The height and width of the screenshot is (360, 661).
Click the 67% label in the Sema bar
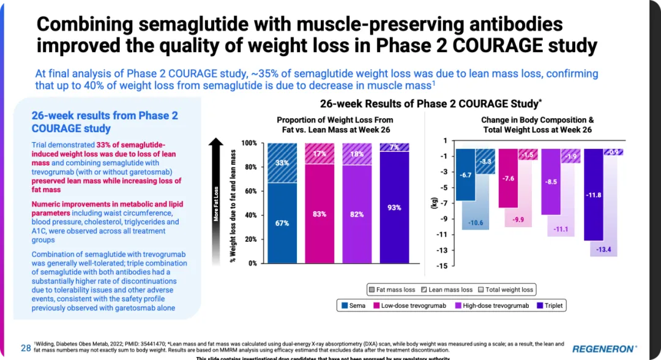coord(282,223)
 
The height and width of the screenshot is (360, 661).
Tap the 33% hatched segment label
coord(282,163)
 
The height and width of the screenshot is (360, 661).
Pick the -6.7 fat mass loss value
coord(465,175)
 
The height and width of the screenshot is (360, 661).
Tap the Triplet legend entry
coord(550,304)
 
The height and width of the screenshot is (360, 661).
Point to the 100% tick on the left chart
coord(249,143)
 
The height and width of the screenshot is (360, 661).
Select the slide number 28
coord(26,348)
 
